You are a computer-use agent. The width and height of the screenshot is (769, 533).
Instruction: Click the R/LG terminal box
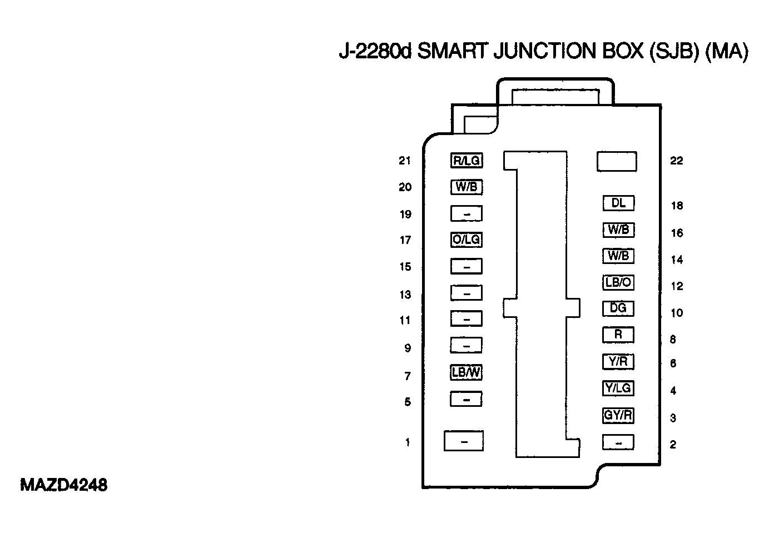point(466,161)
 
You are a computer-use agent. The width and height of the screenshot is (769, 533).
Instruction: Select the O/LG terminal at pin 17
point(466,240)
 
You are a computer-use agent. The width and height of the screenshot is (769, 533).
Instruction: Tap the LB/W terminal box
point(466,372)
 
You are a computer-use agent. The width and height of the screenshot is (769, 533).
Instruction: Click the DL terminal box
point(618,203)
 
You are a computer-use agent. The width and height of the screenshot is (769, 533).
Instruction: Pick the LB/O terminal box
point(618,282)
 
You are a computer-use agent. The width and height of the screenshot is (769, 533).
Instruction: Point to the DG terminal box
point(618,308)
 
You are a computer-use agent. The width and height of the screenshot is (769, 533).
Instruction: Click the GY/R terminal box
point(618,415)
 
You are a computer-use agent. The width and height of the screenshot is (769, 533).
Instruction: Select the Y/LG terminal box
point(618,388)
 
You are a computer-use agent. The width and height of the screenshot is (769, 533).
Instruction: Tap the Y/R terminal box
point(618,361)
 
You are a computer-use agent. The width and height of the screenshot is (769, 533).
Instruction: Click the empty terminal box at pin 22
point(617,161)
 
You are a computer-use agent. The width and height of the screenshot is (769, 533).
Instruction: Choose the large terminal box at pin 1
point(464,441)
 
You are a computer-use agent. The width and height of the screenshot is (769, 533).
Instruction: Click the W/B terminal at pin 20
point(466,187)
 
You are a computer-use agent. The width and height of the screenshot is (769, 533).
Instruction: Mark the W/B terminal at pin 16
point(618,230)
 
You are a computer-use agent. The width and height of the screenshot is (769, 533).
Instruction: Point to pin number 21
point(405,161)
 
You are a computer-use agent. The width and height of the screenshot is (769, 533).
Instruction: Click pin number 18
point(677,206)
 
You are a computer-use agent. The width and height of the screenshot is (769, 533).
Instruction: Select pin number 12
point(677,286)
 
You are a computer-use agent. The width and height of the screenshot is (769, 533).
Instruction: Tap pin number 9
point(408,348)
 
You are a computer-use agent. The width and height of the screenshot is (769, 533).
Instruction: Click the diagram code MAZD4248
point(63,485)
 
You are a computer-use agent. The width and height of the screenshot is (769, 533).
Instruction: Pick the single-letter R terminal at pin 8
point(618,335)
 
